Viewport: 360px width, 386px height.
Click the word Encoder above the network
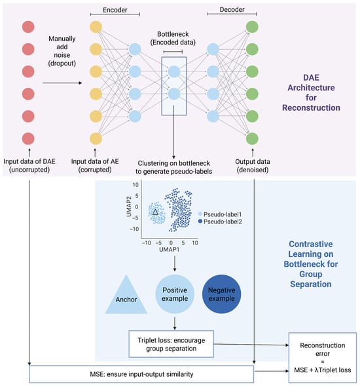[115, 10]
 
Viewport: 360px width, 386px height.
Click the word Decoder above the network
[232, 10]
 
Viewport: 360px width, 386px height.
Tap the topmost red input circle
[28, 27]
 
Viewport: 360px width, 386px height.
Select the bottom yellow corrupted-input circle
[96, 138]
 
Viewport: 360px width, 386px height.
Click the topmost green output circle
[252, 27]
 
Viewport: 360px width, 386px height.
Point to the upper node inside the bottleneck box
[174, 71]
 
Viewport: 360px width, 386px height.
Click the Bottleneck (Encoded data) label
[173, 38]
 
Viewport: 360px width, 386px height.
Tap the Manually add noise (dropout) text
[62, 51]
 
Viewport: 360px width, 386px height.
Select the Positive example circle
[175, 294]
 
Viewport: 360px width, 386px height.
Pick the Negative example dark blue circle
[221, 294]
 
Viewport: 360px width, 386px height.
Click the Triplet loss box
[171, 344]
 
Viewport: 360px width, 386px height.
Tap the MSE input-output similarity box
[141, 374]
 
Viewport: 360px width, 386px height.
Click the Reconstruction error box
[323, 358]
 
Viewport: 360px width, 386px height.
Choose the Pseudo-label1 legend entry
[220, 214]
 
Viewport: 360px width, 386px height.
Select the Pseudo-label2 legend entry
[220, 222]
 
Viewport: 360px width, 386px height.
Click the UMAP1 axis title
[169, 250]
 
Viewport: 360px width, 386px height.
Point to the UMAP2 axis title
[129, 206]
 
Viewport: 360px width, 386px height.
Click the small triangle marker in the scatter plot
[155, 212]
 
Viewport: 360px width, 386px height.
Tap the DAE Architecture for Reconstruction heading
[311, 92]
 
